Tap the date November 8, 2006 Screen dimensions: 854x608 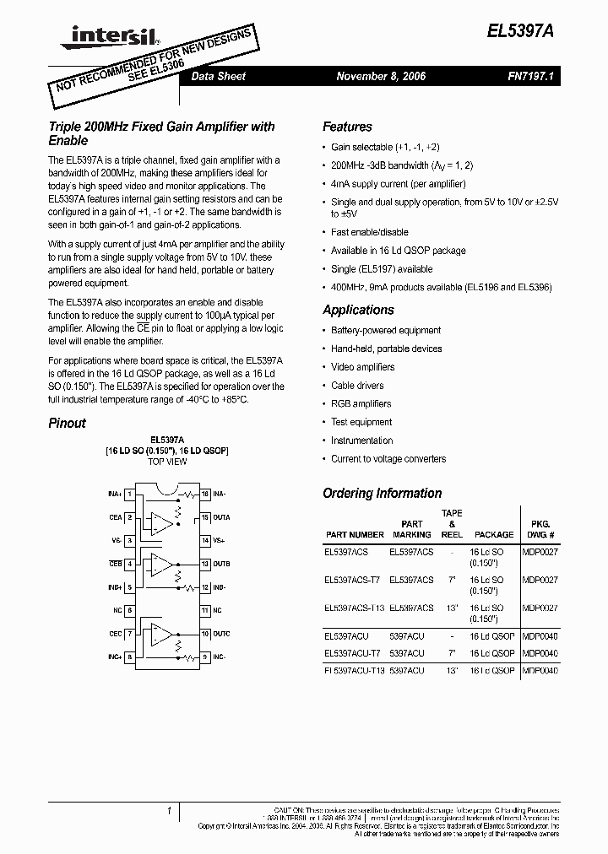[x=381, y=76]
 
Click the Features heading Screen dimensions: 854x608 [x=347, y=127]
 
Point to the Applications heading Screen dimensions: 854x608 [x=358, y=310]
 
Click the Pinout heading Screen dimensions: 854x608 [x=67, y=423]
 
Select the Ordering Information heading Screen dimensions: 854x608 [x=382, y=493]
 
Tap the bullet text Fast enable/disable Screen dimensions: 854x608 [x=369, y=232]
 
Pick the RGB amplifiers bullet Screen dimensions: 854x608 [x=361, y=404]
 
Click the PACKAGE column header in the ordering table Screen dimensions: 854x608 [x=494, y=534]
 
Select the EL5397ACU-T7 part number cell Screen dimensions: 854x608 [x=352, y=653]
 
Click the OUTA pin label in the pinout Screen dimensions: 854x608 [x=222, y=517]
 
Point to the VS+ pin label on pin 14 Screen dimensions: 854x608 [x=219, y=540]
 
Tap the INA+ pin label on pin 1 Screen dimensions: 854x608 [x=115, y=494]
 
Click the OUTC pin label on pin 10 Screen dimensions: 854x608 [x=222, y=633]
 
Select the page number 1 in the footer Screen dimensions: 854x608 [x=169, y=810]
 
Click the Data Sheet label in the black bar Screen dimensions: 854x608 [x=219, y=76]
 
